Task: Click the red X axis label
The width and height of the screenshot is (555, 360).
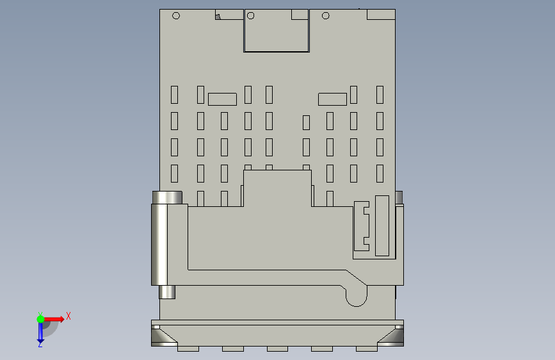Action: click(68, 316)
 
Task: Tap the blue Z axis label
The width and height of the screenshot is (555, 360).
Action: click(40, 345)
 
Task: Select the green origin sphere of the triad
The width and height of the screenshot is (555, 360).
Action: click(41, 319)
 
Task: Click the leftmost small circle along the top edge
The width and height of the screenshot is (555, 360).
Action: click(176, 15)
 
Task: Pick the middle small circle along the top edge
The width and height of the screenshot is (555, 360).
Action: click(250, 15)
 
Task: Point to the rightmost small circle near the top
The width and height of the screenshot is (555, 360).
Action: click(326, 15)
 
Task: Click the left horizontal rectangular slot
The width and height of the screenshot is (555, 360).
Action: click(222, 99)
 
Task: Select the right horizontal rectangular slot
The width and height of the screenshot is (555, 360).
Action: click(332, 99)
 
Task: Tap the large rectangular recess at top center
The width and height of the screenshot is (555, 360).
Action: click(277, 31)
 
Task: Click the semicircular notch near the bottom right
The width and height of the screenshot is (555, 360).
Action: click(357, 300)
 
